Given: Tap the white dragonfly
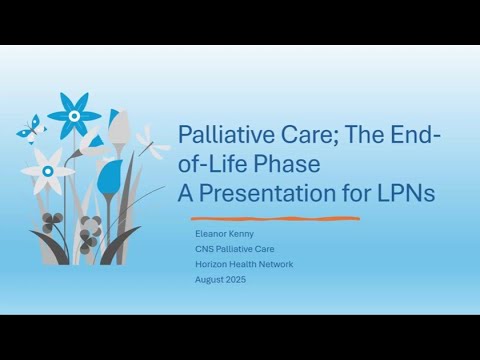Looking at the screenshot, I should click(x=154, y=144).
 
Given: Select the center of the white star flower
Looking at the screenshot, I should click(x=47, y=171).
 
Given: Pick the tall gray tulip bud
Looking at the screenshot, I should click(x=120, y=128).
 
